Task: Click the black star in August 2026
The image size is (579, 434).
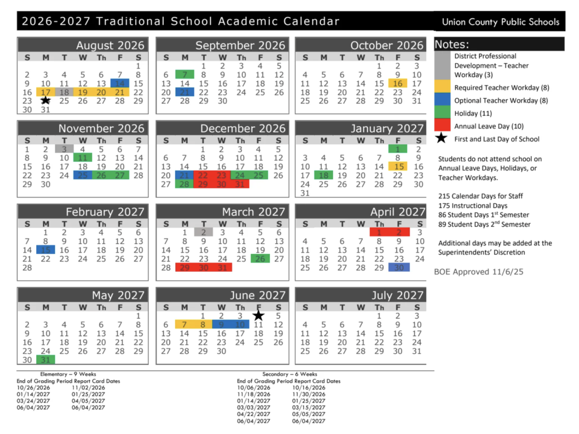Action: point(46,100)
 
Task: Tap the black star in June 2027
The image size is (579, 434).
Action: point(258,315)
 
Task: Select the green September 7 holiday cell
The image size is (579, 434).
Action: point(184,75)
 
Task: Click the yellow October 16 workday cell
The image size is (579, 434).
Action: point(397,83)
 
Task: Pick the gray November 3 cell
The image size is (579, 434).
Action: point(64,149)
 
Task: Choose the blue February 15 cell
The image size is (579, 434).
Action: point(45,250)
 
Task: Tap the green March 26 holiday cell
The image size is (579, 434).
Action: point(260,259)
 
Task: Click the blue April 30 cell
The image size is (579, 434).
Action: point(399,267)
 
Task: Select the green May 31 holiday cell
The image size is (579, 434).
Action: point(45,359)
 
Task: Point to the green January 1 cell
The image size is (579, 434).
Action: point(397,149)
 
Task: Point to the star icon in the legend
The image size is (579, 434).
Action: point(443,139)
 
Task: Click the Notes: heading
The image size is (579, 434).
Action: point(452,45)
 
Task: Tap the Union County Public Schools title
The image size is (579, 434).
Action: point(500,22)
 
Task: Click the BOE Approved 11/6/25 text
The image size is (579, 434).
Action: point(478,272)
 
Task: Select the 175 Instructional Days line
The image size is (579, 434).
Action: point(473,205)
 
